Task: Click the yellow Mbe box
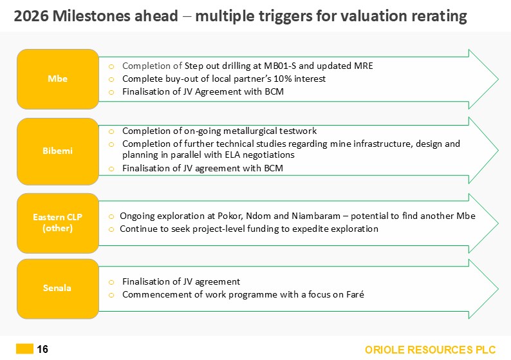58,79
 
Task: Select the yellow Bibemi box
58,151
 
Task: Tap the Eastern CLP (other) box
58,223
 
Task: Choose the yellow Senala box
58,289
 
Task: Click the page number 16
42,349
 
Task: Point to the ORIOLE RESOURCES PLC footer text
430,350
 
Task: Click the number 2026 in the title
32,16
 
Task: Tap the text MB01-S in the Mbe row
280,66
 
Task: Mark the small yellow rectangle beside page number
24,348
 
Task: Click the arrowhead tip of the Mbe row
498,79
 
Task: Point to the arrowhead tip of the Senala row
498,289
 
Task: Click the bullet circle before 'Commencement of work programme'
111,295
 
